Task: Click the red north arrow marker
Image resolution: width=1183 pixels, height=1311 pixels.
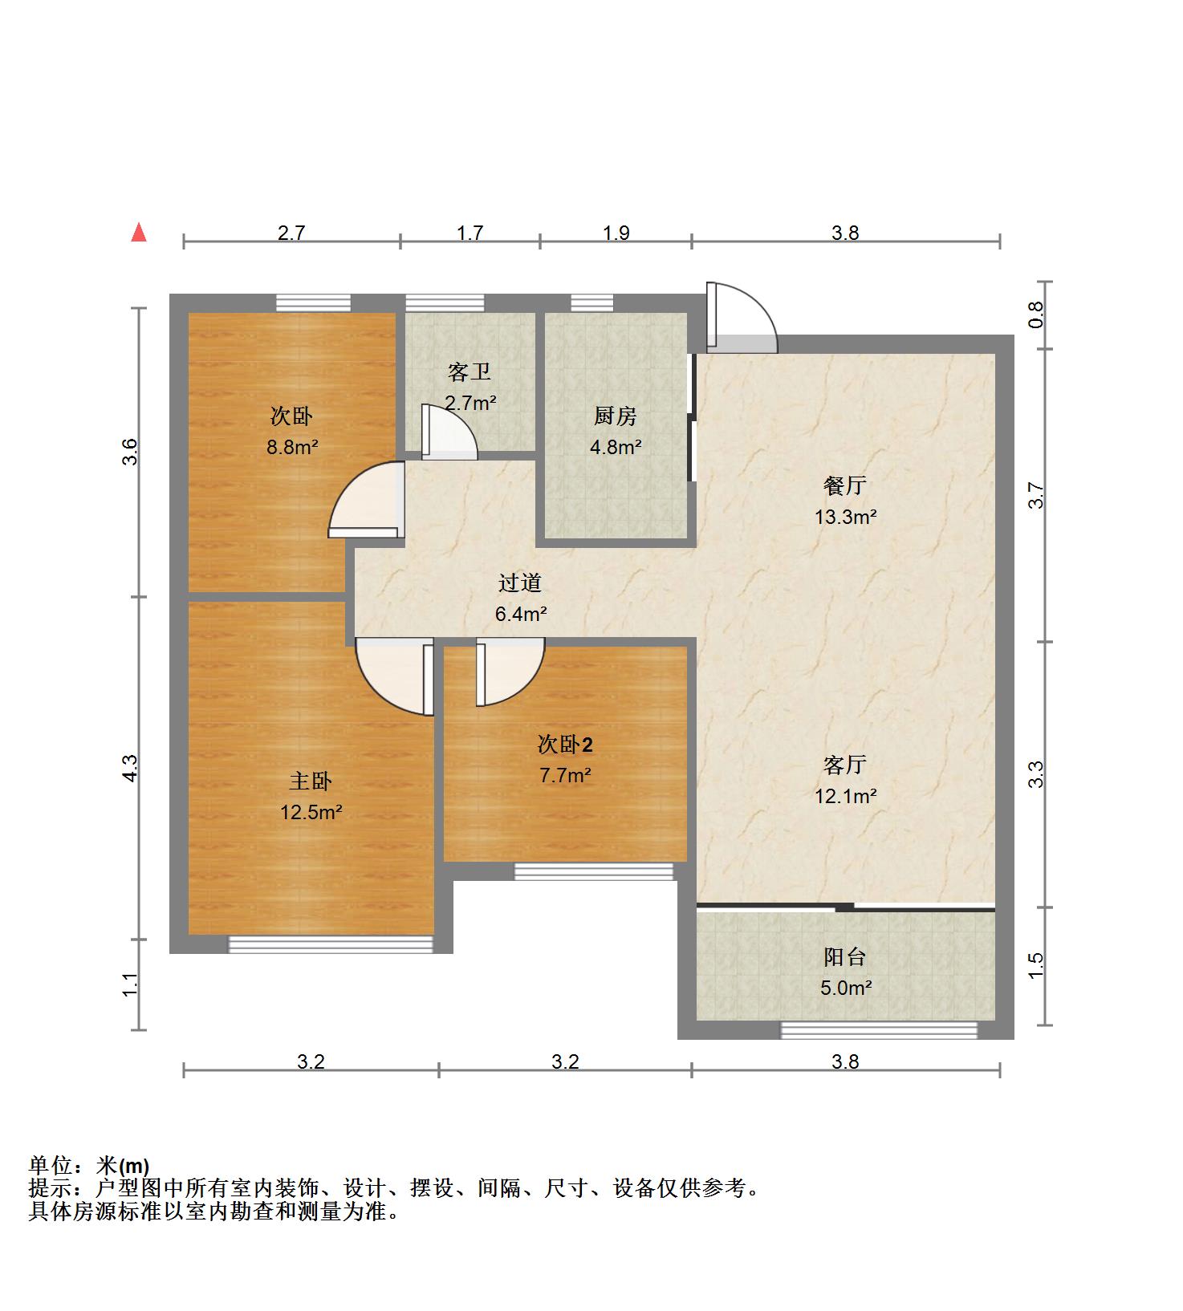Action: click(140, 233)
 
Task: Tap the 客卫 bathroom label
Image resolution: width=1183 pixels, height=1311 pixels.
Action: click(470, 372)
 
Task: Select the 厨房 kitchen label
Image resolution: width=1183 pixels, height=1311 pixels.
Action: click(616, 416)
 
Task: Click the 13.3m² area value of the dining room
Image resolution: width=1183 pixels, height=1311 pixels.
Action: click(845, 517)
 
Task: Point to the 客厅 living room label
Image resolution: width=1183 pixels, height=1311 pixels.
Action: click(845, 765)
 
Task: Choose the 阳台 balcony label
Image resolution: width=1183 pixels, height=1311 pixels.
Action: click(845, 957)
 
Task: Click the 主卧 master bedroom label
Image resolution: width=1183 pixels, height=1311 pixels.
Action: click(311, 781)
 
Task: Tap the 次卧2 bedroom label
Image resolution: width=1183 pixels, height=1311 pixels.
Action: click(565, 745)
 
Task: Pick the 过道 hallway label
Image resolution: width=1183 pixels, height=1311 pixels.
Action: click(520, 583)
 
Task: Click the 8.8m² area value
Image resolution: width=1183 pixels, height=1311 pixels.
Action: click(292, 448)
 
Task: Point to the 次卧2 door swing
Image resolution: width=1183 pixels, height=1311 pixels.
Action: click(510, 672)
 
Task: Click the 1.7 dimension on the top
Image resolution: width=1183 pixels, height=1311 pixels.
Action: click(470, 233)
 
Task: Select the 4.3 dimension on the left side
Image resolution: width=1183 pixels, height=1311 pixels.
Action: click(131, 768)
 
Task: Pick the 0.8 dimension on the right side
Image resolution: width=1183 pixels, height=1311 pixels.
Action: click(1036, 314)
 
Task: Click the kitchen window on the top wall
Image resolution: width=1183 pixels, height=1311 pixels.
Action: click(592, 303)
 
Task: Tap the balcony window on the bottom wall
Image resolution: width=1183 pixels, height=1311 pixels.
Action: click(879, 1030)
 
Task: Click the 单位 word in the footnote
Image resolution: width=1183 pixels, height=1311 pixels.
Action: click(50, 1166)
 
